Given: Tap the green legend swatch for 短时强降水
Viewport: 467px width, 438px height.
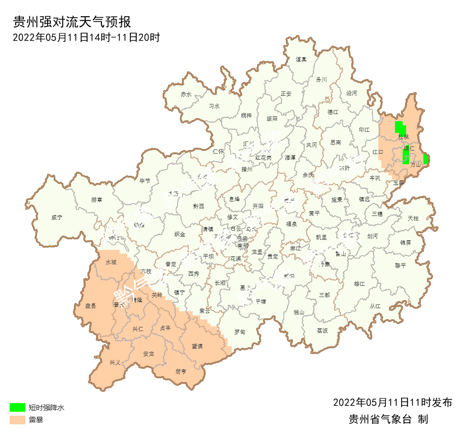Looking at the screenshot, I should coord(17,407).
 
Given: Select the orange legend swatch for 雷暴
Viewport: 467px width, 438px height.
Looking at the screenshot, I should coord(17,420).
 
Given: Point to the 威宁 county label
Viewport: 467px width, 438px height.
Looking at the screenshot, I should coord(57,217).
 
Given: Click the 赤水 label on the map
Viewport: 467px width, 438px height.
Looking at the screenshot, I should coord(186,94).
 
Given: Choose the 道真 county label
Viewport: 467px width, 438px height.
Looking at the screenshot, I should coord(301,59).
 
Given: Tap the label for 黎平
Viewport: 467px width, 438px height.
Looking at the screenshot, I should coord(401,265).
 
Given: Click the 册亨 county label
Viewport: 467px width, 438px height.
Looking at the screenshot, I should coord(181,371).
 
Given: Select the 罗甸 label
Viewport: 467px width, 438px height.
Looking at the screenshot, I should coord(239,332).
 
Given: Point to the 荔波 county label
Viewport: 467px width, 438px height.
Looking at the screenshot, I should coord(322,331).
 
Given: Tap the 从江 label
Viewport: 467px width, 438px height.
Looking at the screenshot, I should coord(375,306).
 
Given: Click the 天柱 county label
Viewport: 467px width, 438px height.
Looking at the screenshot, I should coord(413,218).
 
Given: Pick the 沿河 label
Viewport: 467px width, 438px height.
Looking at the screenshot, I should coord(351,93).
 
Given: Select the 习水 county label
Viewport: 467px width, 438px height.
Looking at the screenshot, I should coord(214,106).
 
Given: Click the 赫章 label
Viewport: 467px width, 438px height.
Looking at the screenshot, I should coord(96,200).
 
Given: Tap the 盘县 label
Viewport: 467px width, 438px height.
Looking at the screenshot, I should coord(91,306).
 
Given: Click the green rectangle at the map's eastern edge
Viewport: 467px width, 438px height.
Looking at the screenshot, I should coord(426,159).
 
